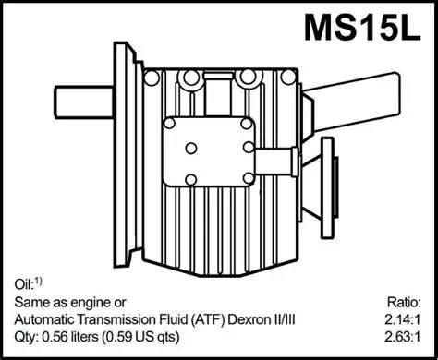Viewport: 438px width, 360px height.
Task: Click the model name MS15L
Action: [363, 28]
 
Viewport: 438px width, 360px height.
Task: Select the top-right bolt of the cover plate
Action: [246, 123]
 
